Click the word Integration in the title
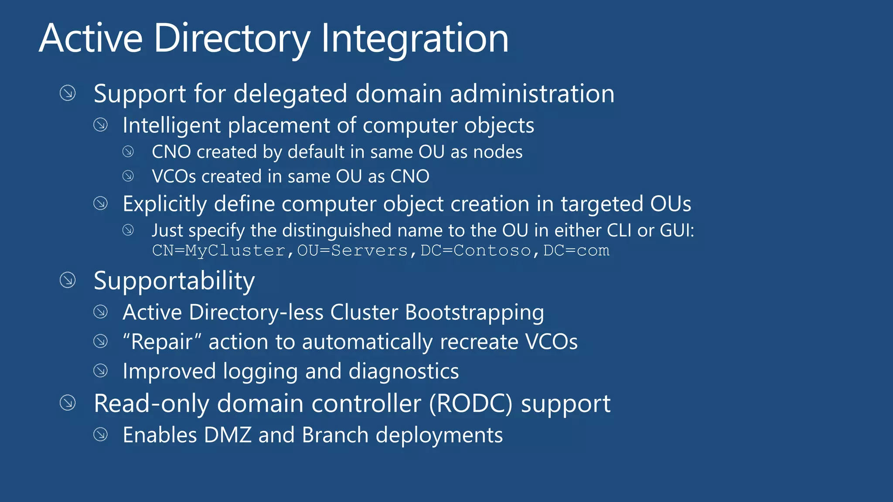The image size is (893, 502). click(x=415, y=39)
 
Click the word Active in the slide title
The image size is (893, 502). click(x=91, y=39)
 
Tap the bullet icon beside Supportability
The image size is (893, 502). click(x=68, y=280)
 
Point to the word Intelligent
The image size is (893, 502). click(x=172, y=126)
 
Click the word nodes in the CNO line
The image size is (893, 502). click(x=498, y=152)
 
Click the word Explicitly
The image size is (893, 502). click(x=164, y=204)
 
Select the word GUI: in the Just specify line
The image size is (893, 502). click(x=677, y=231)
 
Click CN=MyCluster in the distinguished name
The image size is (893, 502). click(x=218, y=251)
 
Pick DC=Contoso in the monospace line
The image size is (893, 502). click(x=476, y=251)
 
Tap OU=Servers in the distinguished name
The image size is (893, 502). click(x=352, y=251)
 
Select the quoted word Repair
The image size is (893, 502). click(x=161, y=342)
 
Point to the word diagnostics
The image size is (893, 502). click(x=403, y=372)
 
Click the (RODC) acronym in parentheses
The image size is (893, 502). click(x=470, y=404)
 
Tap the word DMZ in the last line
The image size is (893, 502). click(x=227, y=435)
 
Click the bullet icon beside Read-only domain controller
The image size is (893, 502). click(x=68, y=403)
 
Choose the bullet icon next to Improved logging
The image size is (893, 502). click(x=101, y=371)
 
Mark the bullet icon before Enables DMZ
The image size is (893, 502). click(x=101, y=434)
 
